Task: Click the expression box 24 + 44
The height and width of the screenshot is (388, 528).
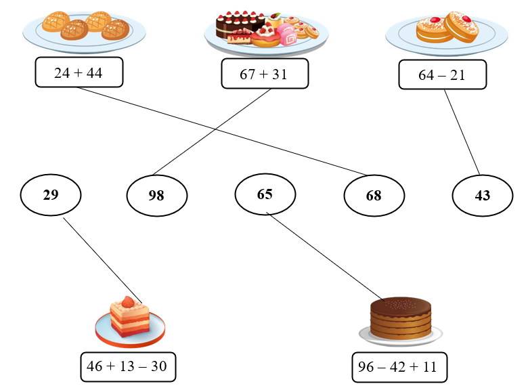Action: (x=79, y=72)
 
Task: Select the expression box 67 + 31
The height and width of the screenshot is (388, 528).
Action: (x=264, y=74)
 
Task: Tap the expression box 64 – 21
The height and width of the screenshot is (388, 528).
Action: (x=441, y=74)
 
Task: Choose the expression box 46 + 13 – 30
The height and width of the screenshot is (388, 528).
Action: (x=127, y=366)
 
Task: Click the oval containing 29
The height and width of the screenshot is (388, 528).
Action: (x=51, y=195)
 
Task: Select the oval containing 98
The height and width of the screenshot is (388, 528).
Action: (x=156, y=196)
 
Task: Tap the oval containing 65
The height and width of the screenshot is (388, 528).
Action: (x=265, y=194)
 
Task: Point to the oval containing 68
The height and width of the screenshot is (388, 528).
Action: (x=374, y=196)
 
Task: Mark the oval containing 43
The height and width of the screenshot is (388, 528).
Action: (x=482, y=196)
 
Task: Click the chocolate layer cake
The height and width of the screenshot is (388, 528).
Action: (x=401, y=318)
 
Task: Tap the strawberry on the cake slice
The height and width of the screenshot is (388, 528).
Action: (x=127, y=302)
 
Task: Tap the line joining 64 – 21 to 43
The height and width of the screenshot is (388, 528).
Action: (x=462, y=132)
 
